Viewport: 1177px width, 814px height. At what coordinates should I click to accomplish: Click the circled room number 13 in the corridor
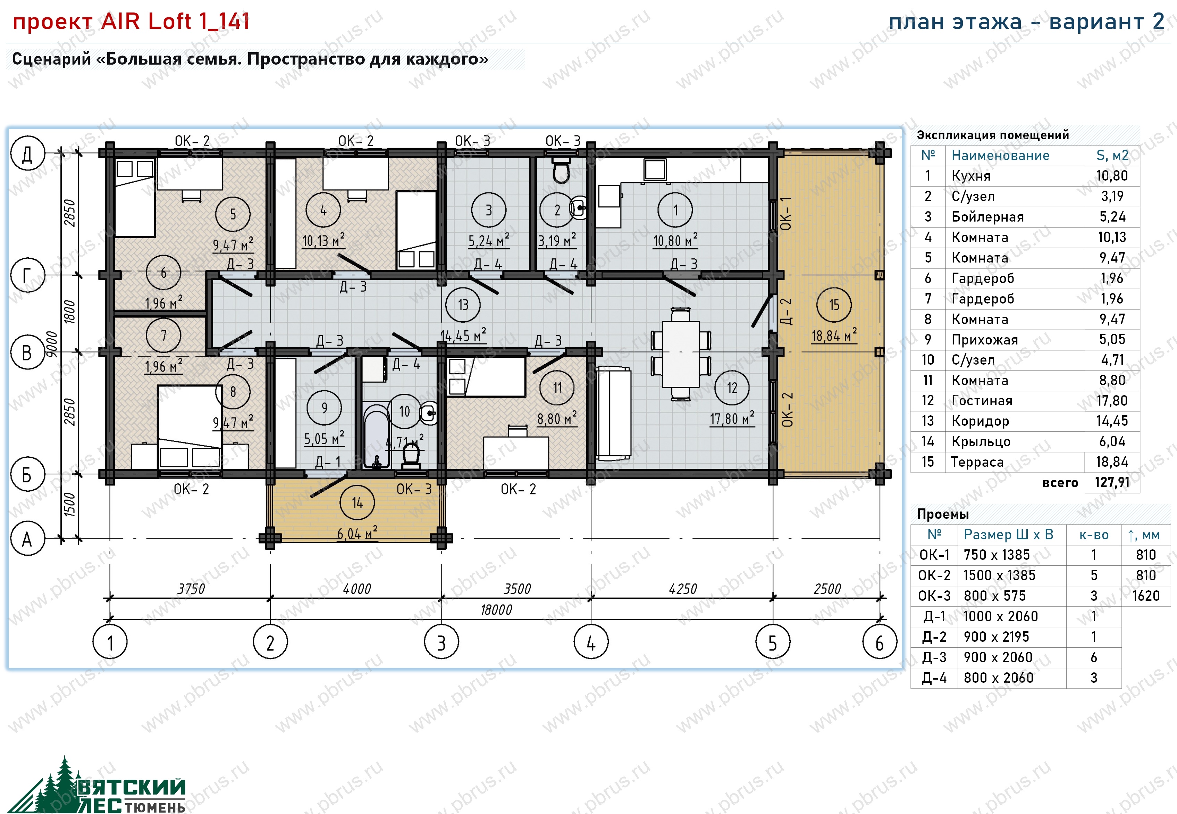463,305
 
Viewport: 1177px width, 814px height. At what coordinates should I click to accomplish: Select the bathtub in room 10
377,437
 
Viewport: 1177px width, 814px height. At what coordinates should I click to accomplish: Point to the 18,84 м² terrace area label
834,335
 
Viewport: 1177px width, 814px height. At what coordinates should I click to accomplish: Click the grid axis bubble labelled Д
27,153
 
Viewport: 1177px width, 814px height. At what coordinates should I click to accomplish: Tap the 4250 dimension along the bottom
682,589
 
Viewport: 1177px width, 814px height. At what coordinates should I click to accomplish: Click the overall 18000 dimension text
496,609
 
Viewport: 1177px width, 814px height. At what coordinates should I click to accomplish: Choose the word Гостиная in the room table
982,400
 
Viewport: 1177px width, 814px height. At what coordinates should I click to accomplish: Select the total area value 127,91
1112,482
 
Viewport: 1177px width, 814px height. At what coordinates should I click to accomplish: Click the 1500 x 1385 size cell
999,575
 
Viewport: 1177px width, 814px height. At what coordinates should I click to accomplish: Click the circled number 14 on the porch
357,503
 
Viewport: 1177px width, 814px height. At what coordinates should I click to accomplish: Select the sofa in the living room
614,412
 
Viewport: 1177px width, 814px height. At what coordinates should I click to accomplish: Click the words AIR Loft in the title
146,22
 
